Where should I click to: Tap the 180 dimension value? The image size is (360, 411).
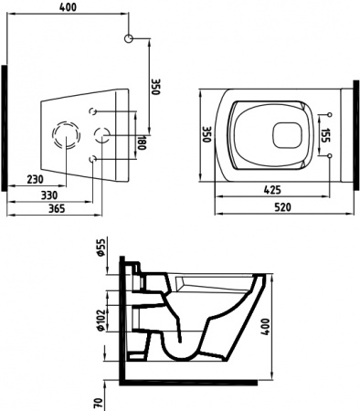coord(140,142)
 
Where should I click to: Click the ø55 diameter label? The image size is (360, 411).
coord(101,248)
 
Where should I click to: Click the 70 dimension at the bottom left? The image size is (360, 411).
coord(98,398)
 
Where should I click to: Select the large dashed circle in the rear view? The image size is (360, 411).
coord(67,135)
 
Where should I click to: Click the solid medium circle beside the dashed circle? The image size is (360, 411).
coord(101,135)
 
